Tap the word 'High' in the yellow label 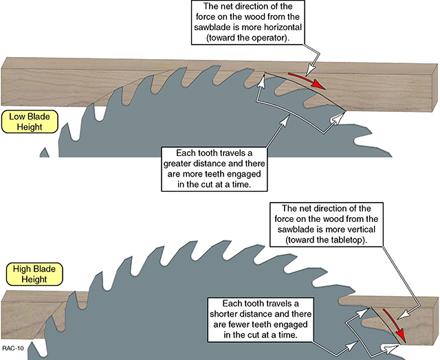pyautogui.click(x=19, y=269)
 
